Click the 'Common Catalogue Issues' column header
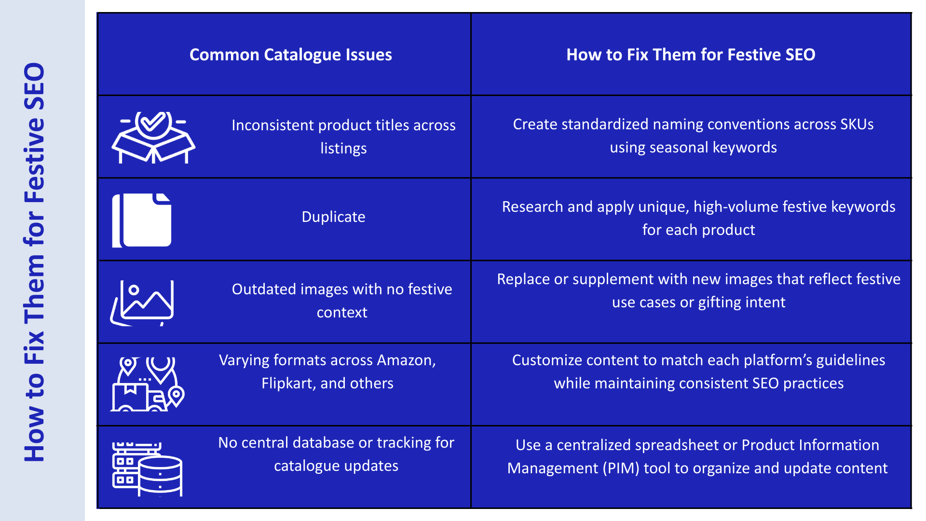click(290, 55)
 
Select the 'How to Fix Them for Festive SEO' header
click(691, 55)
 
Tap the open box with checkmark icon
click(153, 137)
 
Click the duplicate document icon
click(142, 220)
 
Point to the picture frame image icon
click(143, 302)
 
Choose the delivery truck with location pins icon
click(148, 384)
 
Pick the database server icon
click(147, 469)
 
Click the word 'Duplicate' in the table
click(333, 217)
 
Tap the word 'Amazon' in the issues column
click(406, 360)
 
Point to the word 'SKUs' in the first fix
click(857, 124)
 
